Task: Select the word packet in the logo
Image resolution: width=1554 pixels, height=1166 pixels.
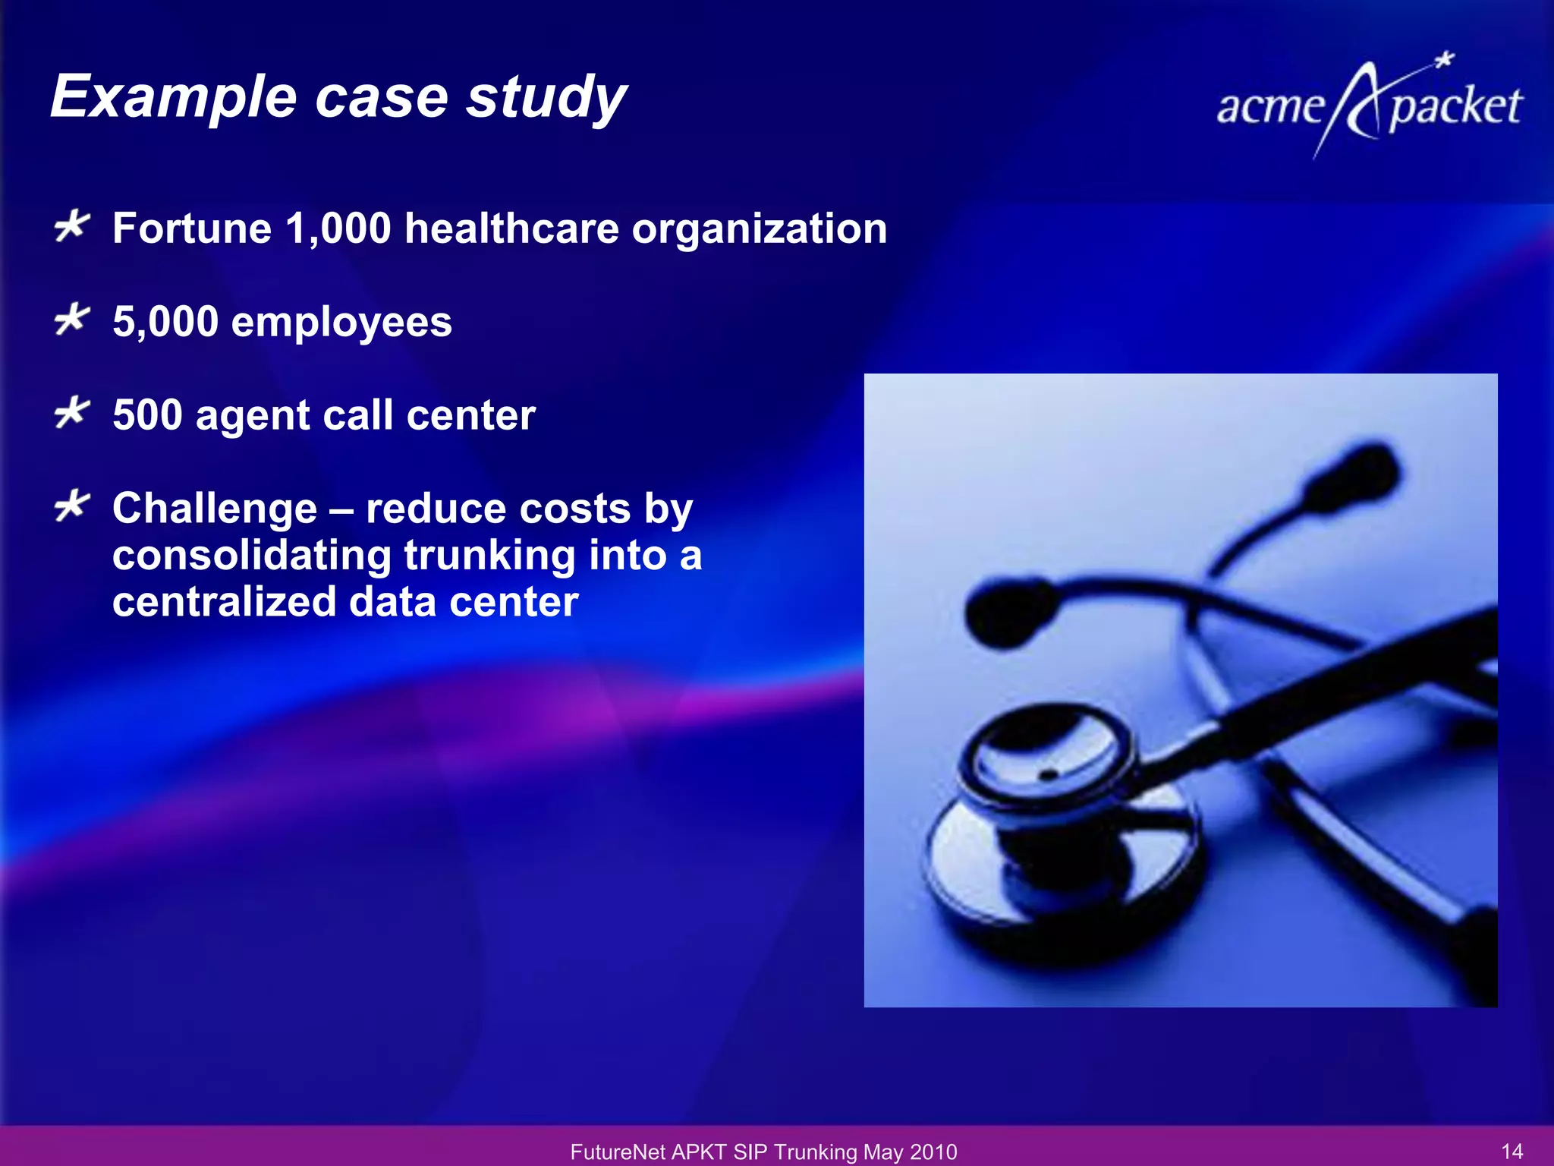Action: pyautogui.click(x=1455, y=106)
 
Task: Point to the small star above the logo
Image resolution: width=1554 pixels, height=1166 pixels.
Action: pyautogui.click(x=1445, y=60)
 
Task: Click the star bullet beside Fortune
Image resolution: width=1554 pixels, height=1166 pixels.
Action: pyautogui.click(x=72, y=227)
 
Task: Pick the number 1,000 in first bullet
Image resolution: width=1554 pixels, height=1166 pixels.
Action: pyautogui.click(x=338, y=228)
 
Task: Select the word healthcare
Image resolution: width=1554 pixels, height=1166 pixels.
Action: pyautogui.click(x=511, y=228)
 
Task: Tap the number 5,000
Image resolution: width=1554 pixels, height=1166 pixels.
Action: pyautogui.click(x=165, y=322)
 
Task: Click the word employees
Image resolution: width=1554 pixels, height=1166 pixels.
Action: pyautogui.click(x=341, y=322)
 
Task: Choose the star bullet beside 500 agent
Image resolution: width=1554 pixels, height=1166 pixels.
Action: pyautogui.click(x=72, y=414)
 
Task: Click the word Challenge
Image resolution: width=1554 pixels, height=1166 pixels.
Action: pyautogui.click(x=215, y=508)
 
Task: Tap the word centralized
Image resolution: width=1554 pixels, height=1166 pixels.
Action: pyautogui.click(x=224, y=602)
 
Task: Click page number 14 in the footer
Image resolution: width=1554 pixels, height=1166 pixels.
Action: pyautogui.click(x=1512, y=1151)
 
